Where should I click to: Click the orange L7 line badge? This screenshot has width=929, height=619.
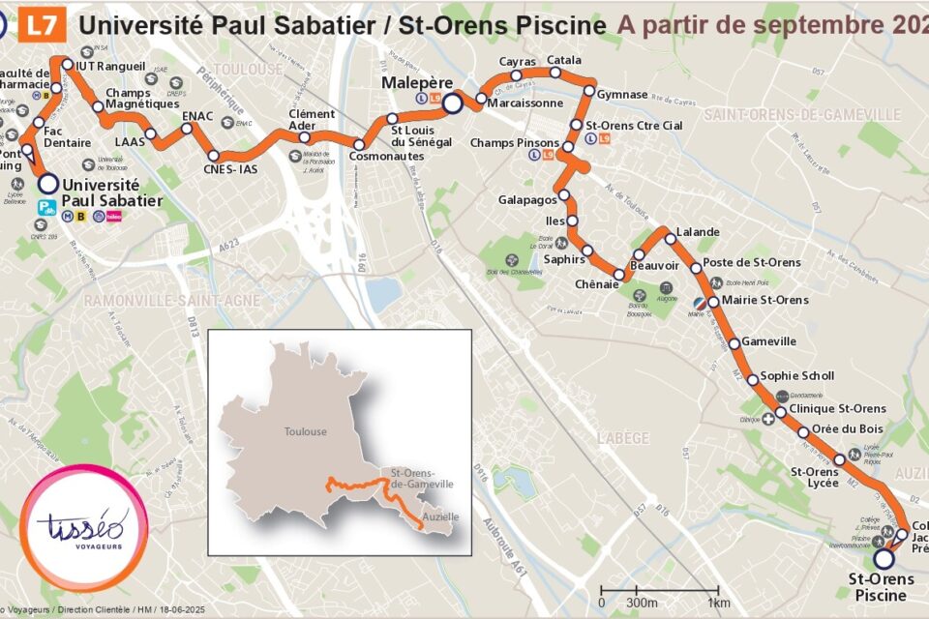click(x=44, y=23)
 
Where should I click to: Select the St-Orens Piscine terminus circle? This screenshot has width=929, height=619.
click(x=883, y=558)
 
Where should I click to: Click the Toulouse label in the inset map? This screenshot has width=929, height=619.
click(x=305, y=432)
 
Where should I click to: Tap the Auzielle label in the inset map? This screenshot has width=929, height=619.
click(x=439, y=517)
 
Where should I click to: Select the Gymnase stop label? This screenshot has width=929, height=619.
click(x=622, y=94)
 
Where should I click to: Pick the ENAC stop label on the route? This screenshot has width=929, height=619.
click(x=198, y=116)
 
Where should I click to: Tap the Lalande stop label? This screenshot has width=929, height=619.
click(x=698, y=232)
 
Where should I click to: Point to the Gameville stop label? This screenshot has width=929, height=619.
click(x=769, y=341)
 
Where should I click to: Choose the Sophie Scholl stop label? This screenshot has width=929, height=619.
click(x=797, y=376)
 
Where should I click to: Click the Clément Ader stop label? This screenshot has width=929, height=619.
click(x=312, y=120)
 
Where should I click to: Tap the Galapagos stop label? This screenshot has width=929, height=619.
click(x=527, y=199)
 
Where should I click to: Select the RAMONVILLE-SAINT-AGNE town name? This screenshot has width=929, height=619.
click(x=172, y=301)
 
